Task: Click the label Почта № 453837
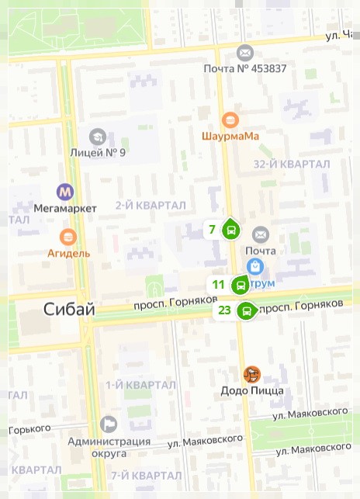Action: coord(245,68)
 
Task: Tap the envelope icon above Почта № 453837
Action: coord(245,53)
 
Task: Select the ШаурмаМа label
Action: coord(230,136)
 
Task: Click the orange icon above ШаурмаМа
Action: coord(230,120)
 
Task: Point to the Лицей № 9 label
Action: coord(97,152)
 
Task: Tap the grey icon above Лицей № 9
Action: coord(97,137)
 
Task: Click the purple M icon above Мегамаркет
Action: coord(66,192)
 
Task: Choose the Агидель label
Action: coord(68,252)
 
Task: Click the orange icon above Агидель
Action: coord(68,237)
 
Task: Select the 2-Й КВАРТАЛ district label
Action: coord(151,205)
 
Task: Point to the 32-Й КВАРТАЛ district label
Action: coord(292,165)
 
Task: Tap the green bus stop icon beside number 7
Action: coord(230,230)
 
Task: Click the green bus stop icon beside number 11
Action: coord(241,285)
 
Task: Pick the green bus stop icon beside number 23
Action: coord(247,311)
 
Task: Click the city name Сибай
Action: coord(69,310)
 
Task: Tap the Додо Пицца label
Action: coord(252,390)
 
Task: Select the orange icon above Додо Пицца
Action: coord(252,375)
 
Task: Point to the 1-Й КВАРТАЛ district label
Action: coord(140,385)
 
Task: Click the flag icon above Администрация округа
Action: coord(109,424)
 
